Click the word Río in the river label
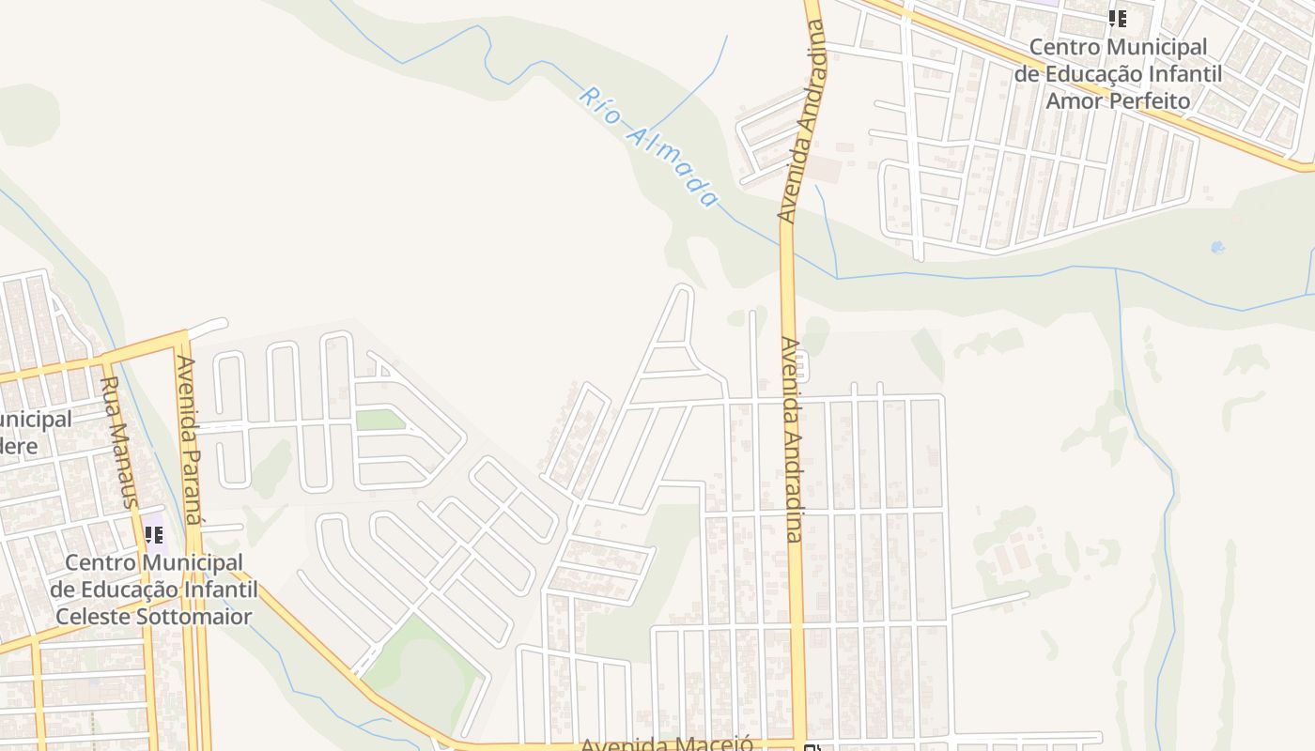(601, 105)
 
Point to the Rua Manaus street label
(118, 441)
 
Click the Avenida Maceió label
(667, 744)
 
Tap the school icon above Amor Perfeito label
(1117, 19)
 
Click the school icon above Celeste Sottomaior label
(154, 535)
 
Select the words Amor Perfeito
(1118, 100)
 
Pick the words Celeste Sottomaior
(154, 617)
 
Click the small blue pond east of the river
(1217, 247)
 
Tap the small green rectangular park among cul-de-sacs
(379, 420)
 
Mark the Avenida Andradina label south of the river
(791, 439)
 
